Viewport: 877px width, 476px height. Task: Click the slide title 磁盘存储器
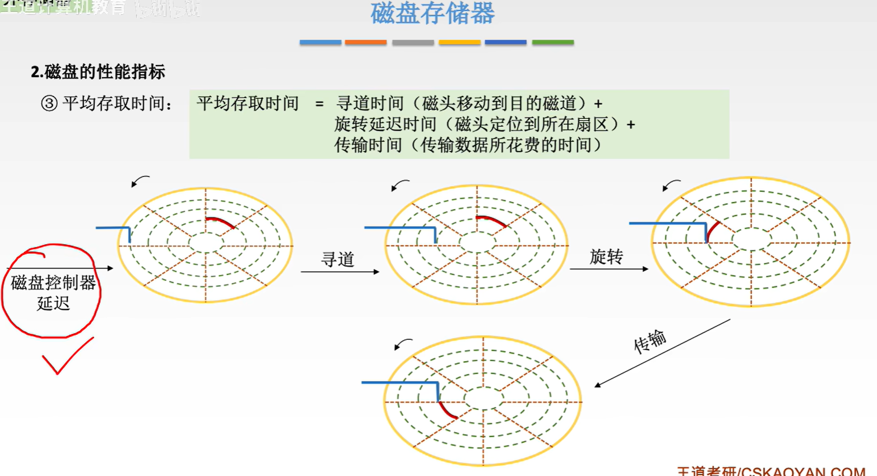[x=433, y=13]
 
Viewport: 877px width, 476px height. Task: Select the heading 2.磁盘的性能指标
[x=98, y=72]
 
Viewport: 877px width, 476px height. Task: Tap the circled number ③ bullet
[x=49, y=103]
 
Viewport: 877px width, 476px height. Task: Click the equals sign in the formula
[x=319, y=104]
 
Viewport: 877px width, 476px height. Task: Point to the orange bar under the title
[x=366, y=42]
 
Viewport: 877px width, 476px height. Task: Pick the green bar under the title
[x=553, y=42]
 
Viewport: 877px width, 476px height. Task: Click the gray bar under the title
[x=413, y=42]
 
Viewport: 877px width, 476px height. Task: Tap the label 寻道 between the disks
[x=337, y=259]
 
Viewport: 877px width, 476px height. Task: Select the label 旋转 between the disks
[x=606, y=257]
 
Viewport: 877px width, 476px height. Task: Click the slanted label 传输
[x=650, y=341]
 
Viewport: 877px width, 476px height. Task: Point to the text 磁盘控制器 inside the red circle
[x=53, y=282]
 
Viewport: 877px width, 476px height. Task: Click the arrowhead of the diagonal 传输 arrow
[x=598, y=385]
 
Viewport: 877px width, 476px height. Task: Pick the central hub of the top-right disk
[x=751, y=239]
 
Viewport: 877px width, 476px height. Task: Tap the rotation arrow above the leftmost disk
[x=140, y=181]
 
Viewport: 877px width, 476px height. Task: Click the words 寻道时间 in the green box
[x=369, y=103]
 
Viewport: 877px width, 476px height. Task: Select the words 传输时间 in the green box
[x=368, y=145]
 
